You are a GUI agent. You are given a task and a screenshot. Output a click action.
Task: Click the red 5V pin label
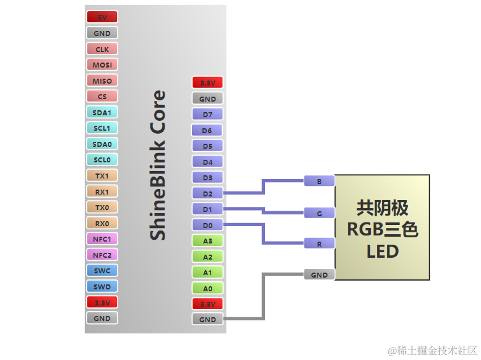(102, 17)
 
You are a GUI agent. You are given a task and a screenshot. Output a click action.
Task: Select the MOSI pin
(102, 64)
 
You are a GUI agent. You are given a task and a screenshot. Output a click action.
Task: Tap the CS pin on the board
(102, 96)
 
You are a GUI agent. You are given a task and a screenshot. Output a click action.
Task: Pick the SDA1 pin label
(102, 112)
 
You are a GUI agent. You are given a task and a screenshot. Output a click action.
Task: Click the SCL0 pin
(102, 160)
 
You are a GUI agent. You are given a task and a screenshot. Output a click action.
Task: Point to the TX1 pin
(102, 175)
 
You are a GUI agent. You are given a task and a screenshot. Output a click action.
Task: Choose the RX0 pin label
(102, 223)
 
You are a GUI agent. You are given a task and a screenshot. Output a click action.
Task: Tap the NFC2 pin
(102, 255)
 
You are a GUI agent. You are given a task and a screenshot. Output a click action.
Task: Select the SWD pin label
(102, 286)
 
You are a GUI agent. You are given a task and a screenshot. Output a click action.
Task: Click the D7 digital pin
(207, 115)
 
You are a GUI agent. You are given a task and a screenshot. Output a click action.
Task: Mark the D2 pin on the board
(207, 193)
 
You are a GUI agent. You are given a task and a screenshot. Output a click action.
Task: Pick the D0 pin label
(207, 225)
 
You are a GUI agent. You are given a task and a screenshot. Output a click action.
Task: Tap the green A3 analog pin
(207, 240)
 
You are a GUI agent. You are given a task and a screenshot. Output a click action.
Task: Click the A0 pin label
(207, 288)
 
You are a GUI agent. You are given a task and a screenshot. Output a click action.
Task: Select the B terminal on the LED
(319, 181)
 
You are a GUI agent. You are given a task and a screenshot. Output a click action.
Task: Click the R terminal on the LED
(319, 244)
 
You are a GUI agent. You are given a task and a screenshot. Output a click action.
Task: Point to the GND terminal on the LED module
(319, 274)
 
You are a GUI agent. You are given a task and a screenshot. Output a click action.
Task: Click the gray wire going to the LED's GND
(264, 297)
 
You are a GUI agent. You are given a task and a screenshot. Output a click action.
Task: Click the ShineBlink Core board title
(158, 165)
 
